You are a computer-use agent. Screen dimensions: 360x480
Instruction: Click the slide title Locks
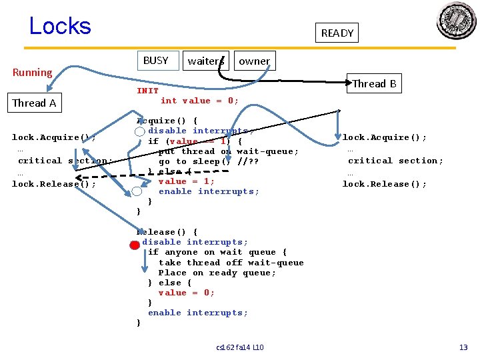(60, 26)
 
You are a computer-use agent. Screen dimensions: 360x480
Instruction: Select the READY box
(337, 33)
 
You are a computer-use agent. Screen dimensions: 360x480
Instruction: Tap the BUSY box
(156, 60)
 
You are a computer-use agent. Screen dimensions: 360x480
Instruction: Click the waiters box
(205, 61)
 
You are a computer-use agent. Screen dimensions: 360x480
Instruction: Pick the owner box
(254, 61)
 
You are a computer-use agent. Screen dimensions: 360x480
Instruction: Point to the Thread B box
(374, 83)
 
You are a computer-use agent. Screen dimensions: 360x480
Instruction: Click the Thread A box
(34, 103)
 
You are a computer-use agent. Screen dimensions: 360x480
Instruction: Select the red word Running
(32, 72)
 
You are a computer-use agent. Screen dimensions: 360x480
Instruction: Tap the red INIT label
(147, 91)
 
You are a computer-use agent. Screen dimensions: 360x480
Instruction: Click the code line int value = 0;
(199, 101)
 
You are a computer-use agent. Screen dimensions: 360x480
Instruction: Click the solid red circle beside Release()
(134, 245)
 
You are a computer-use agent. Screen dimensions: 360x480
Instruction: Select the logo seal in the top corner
(456, 21)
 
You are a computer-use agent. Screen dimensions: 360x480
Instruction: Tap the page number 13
(463, 347)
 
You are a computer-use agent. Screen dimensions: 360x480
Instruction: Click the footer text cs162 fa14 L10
(240, 347)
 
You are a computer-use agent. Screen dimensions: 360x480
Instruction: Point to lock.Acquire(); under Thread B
(385, 137)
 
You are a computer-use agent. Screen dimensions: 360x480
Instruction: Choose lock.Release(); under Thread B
(385, 184)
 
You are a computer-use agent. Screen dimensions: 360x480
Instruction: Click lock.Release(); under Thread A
(54, 184)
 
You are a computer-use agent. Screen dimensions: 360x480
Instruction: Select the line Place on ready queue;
(217, 273)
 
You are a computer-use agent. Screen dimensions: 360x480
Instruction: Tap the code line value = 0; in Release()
(186, 293)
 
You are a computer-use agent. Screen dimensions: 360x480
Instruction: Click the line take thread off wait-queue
(231, 263)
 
